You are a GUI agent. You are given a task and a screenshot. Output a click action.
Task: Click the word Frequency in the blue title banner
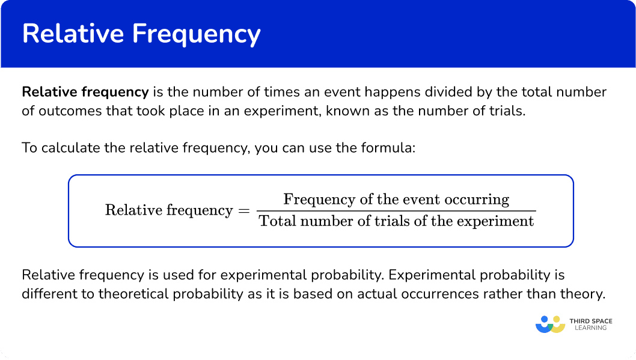(x=197, y=34)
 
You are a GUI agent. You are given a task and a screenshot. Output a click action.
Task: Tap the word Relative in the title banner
(x=73, y=33)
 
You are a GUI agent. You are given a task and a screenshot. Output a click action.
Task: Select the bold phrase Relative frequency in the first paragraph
(x=85, y=93)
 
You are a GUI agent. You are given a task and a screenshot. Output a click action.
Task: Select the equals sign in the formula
(x=244, y=211)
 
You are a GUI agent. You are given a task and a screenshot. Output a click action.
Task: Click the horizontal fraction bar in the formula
(x=396, y=211)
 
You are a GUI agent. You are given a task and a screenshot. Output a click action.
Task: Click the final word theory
(x=583, y=294)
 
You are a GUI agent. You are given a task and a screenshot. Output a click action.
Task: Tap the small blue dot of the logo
(x=545, y=320)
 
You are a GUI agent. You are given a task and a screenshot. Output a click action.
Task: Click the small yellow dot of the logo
(x=557, y=320)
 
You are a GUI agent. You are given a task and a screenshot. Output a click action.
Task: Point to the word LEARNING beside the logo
(x=590, y=328)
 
